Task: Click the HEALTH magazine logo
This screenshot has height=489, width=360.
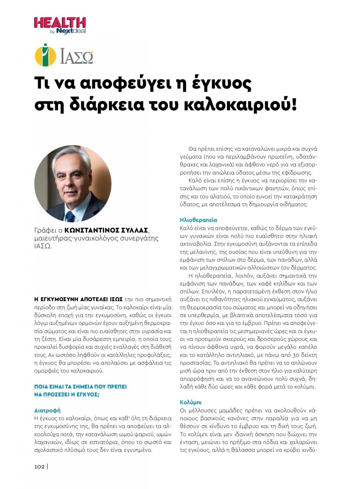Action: pyautogui.click(x=60, y=23)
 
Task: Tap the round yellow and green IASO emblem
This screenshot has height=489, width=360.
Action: pyautogui.click(x=45, y=55)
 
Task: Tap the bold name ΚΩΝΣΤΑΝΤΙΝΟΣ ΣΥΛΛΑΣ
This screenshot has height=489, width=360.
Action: pyautogui.click(x=106, y=230)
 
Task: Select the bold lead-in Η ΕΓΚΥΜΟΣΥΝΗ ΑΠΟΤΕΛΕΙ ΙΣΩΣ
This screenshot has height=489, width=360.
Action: pyautogui.click(x=78, y=299)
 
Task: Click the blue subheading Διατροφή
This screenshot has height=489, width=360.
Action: pyautogui.click(x=47, y=410)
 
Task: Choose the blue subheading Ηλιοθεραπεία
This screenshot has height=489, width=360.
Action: pyautogui.click(x=198, y=220)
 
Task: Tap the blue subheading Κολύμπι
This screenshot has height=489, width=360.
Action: pyautogui.click(x=191, y=403)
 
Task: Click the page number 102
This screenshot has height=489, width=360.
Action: pyautogui.click(x=39, y=466)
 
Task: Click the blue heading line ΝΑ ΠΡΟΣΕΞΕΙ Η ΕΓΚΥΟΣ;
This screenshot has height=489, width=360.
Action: pyautogui.click(x=67, y=395)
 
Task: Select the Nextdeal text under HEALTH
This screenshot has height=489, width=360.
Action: pyautogui.click(x=71, y=31)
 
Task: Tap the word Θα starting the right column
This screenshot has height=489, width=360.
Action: pyautogui.click(x=192, y=149)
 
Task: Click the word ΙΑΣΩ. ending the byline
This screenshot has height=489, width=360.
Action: pyautogui.click(x=43, y=246)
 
